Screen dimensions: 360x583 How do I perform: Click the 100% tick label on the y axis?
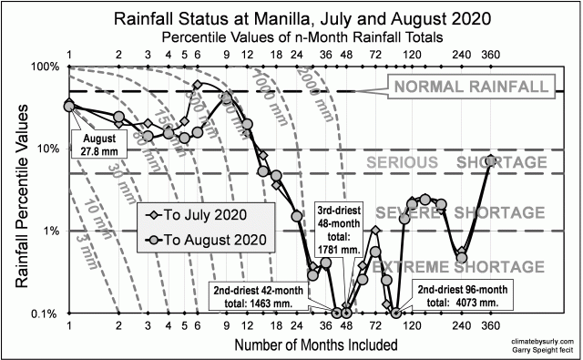click(44, 67)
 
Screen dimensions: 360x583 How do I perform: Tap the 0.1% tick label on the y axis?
click(44, 314)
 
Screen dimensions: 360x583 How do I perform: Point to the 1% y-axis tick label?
click(49, 231)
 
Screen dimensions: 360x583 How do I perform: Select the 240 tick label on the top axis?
click(462, 56)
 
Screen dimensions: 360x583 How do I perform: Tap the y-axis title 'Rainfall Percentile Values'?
click(20, 191)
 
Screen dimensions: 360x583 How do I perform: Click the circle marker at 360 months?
click(491, 161)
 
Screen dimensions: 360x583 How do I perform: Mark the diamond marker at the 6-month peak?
click(198, 85)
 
